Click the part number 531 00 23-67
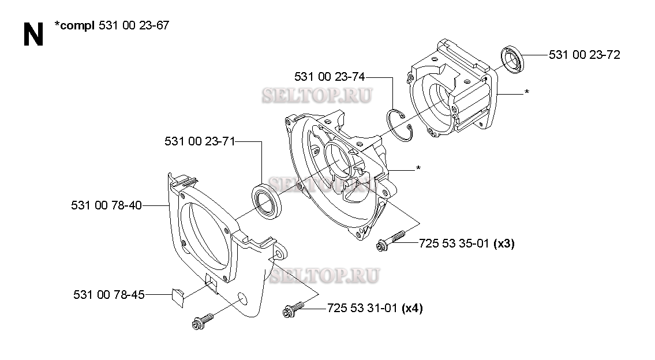(x=134, y=25)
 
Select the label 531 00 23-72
(x=585, y=55)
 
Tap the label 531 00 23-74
(x=330, y=77)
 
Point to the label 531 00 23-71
(x=200, y=141)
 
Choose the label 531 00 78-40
(x=107, y=205)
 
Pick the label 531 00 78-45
(x=109, y=295)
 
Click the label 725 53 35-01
(x=454, y=243)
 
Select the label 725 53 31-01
(x=362, y=308)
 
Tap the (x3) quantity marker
(x=504, y=243)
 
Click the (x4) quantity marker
(x=412, y=308)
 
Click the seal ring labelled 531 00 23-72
(x=512, y=59)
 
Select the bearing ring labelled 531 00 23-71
(x=267, y=201)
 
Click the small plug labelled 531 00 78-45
(x=178, y=297)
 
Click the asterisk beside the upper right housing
(x=527, y=92)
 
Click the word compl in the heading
(x=75, y=26)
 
